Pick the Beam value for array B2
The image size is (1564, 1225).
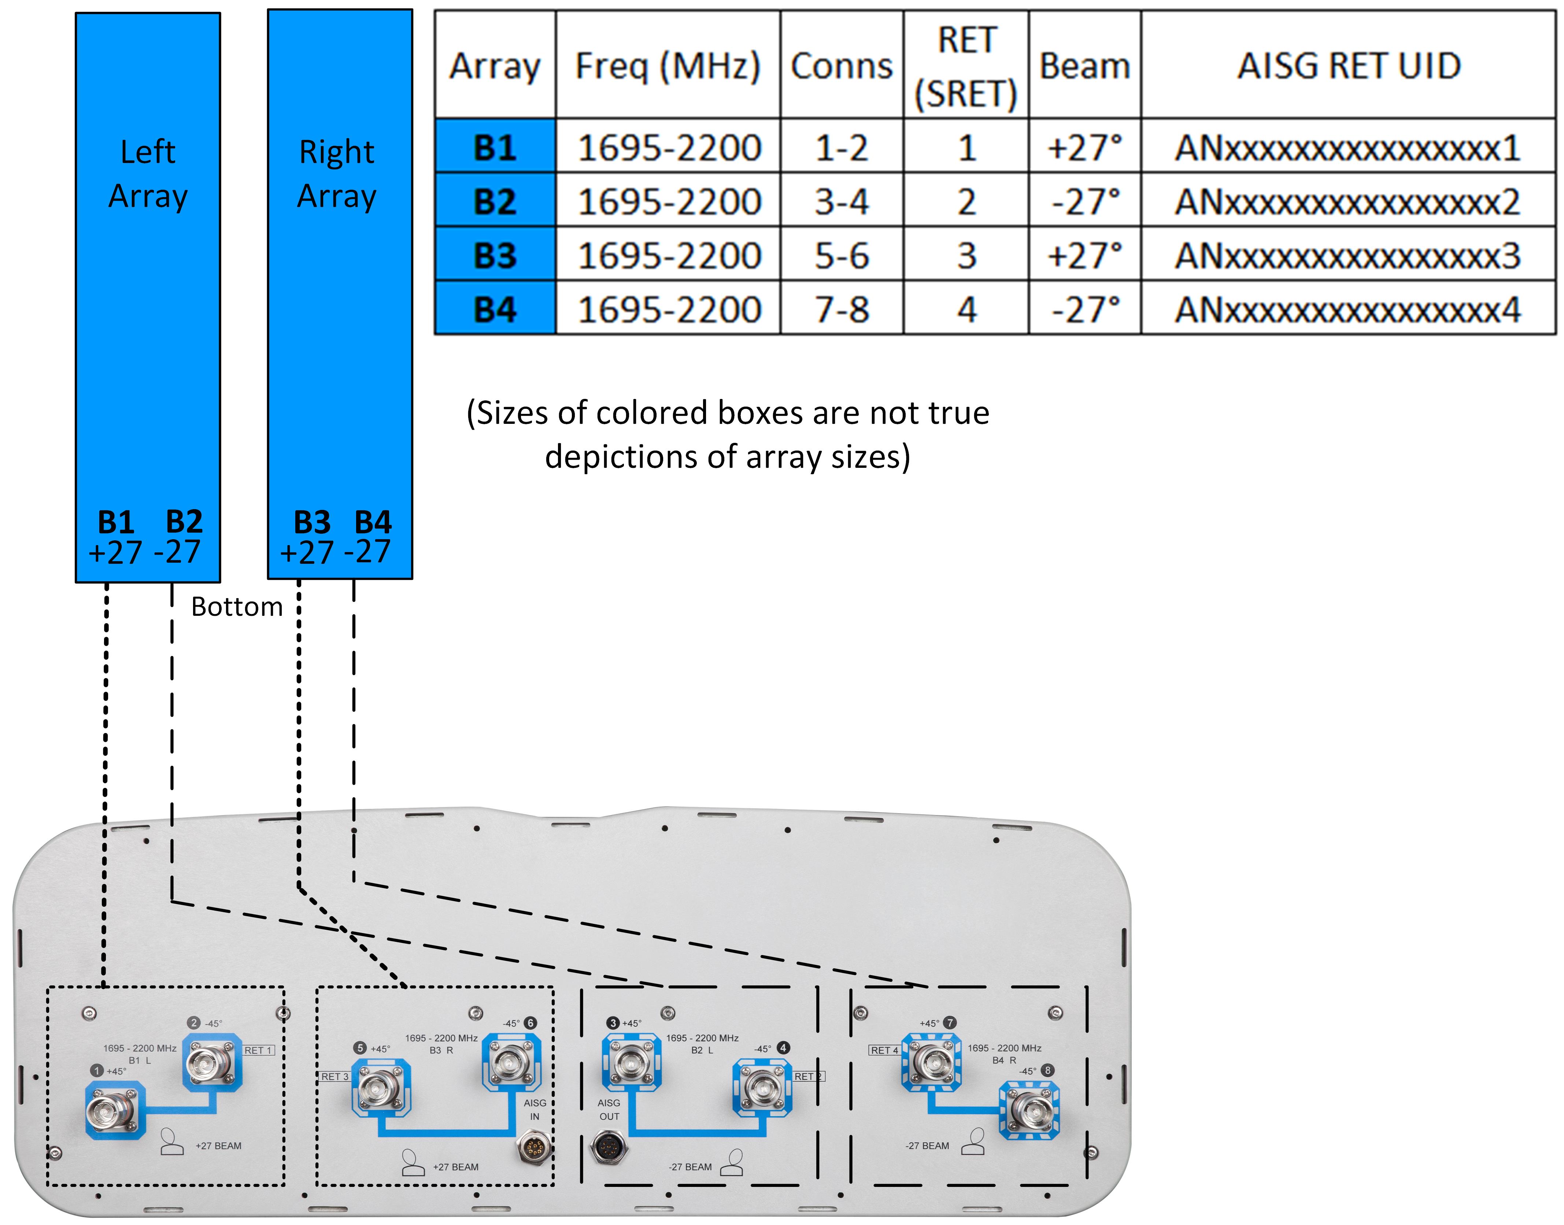(x=1084, y=201)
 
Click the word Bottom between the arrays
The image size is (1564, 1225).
(x=237, y=607)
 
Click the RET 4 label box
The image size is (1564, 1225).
(x=884, y=1050)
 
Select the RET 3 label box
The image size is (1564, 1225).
(x=334, y=1077)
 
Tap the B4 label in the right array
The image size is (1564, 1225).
(x=373, y=521)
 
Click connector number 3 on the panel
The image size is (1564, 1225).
(x=631, y=1062)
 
